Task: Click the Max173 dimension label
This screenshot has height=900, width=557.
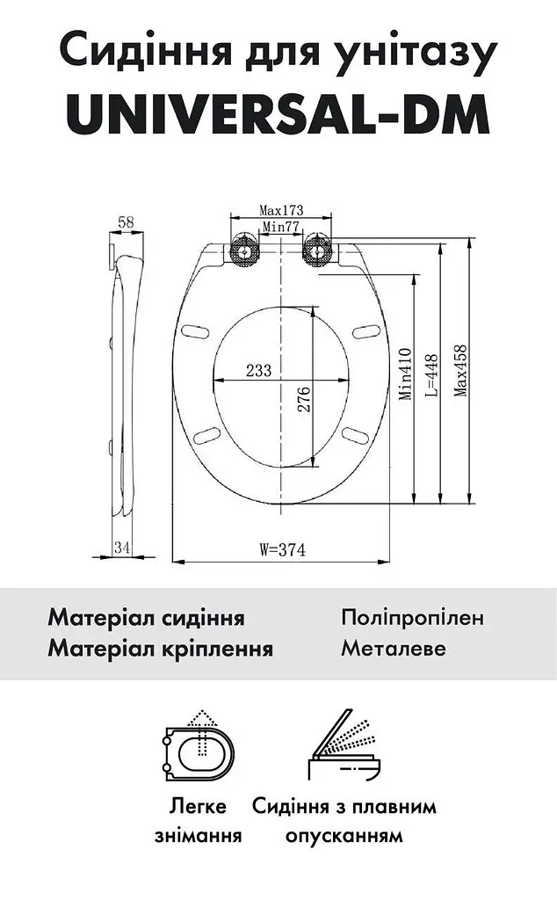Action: tap(281, 211)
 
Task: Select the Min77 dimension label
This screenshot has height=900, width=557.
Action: tap(281, 227)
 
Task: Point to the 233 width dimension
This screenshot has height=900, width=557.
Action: tap(258, 370)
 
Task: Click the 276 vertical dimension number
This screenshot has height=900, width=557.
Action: tap(303, 400)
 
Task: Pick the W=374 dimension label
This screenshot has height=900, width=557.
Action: tap(282, 550)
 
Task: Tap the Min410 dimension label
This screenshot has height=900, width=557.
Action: tap(406, 374)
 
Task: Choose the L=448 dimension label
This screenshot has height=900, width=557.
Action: tap(431, 375)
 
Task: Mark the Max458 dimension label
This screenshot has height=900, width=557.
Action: tap(460, 371)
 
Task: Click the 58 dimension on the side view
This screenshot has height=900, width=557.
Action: tap(126, 221)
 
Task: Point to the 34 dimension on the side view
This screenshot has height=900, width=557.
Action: tap(121, 547)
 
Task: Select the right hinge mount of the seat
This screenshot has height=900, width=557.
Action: tap(316, 250)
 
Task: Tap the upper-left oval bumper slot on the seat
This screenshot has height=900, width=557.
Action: tap(196, 332)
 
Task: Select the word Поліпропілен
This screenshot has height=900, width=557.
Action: tap(412, 618)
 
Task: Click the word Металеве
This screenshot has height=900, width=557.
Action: tap(394, 649)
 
